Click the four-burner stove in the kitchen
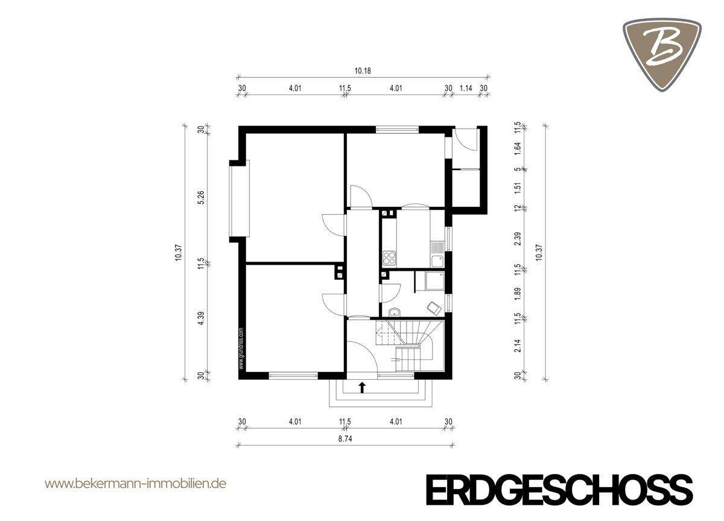[389, 257]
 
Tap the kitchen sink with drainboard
[437, 253]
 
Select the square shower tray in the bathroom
[433, 281]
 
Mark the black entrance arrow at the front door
[362, 387]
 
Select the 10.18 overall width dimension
[362, 71]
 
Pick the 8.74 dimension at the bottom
[346, 439]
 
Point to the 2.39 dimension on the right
[517, 239]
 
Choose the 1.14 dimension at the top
[465, 88]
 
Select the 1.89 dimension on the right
[517, 294]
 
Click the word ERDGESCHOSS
[559, 489]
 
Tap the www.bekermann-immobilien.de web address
[136, 484]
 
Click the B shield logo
[662, 53]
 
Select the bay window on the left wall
[238, 200]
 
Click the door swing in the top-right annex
[468, 141]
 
